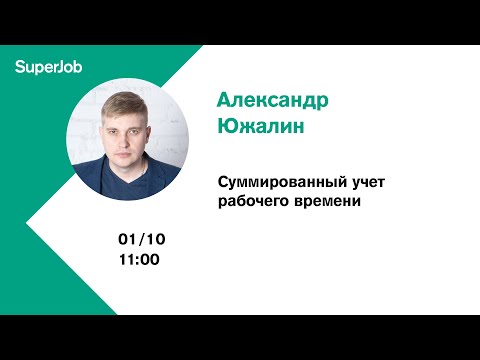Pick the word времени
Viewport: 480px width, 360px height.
[x=325, y=201]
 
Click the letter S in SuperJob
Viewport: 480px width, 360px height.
[x=20, y=67]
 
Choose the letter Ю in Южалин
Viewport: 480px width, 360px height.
[x=227, y=128]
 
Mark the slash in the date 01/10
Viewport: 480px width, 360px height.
[x=142, y=240]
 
